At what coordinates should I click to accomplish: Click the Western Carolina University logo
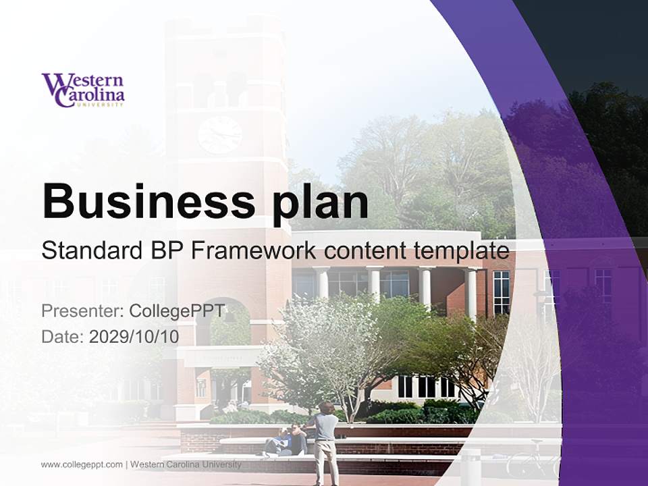point(83,90)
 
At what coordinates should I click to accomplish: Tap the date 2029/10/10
point(134,336)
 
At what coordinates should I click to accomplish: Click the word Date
point(62,336)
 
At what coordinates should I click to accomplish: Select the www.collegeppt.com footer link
point(82,464)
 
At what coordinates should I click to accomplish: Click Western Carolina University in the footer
point(185,464)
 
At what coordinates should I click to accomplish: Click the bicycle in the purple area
point(533,460)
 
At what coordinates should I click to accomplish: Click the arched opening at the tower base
point(230,324)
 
